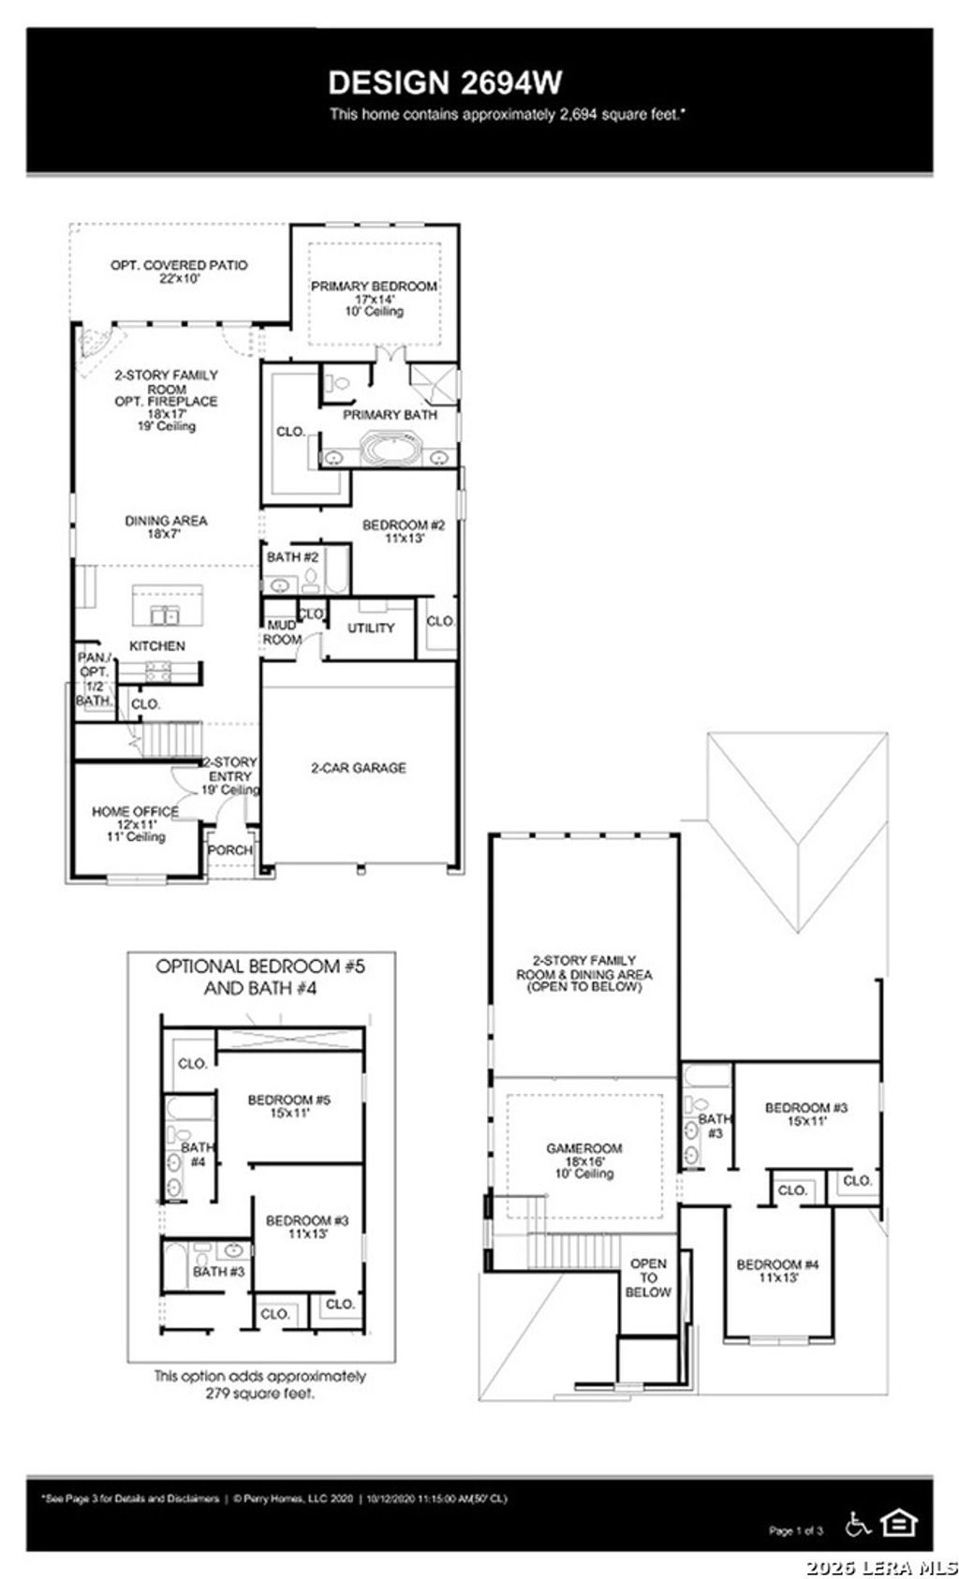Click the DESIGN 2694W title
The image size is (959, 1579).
coord(445,82)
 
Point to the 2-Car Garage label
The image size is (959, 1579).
coord(359,767)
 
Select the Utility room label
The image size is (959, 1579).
coord(371,627)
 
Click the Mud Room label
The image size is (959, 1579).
coord(282,632)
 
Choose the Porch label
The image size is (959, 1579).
coord(229,849)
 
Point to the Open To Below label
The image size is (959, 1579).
coord(648,1277)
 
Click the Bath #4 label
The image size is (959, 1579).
coord(198,1154)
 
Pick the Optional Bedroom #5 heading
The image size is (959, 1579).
coord(260,976)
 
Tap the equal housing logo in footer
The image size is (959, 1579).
coord(900,1523)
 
